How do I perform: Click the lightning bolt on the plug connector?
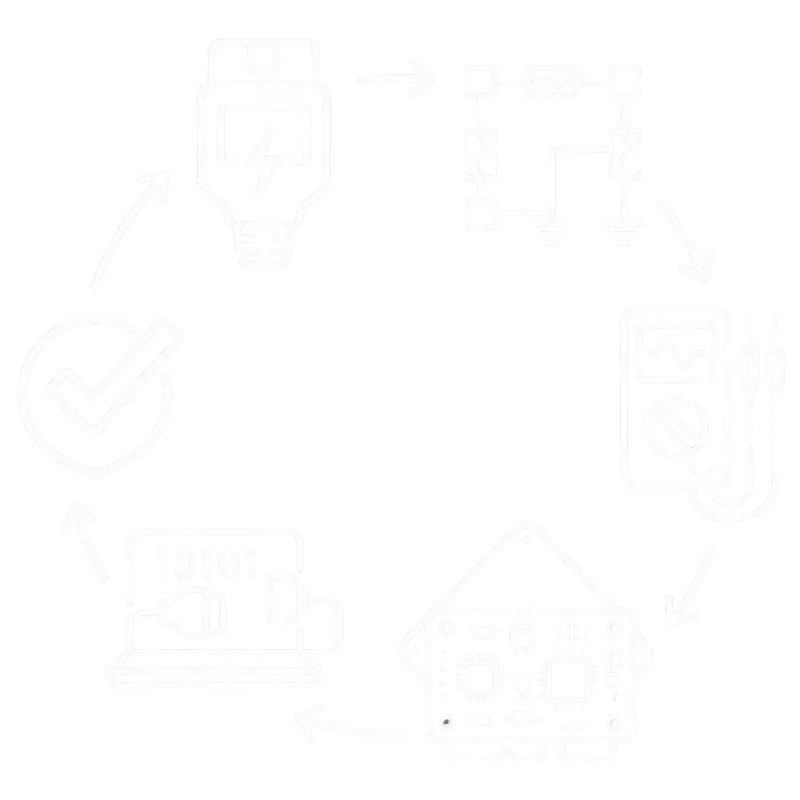click(x=263, y=161)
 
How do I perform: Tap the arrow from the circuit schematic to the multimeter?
click(x=687, y=240)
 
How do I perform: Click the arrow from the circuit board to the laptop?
click(x=347, y=724)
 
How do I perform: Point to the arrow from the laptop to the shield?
click(x=85, y=540)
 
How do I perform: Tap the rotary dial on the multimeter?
click(x=676, y=427)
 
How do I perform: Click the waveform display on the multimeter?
click(x=676, y=353)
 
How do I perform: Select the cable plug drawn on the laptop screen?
click(x=191, y=612)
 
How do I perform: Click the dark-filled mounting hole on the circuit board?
click(x=446, y=722)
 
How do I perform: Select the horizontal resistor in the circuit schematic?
click(x=553, y=81)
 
